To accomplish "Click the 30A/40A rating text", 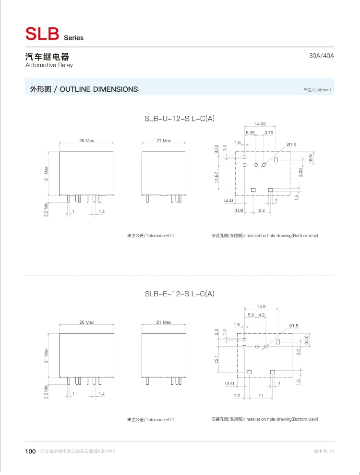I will pyautogui.click(x=322, y=56).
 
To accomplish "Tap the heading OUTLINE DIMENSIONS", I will pyautogui.click(x=99, y=89).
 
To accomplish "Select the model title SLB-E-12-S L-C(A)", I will pyautogui.click(x=180, y=294).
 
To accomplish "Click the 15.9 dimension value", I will pyautogui.click(x=261, y=306).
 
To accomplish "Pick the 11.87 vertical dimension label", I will pyautogui.click(x=217, y=177).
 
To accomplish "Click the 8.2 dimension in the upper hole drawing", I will pyautogui.click(x=261, y=210).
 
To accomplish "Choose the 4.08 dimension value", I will pyautogui.click(x=239, y=210).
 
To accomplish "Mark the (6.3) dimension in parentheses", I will pyautogui.click(x=307, y=340).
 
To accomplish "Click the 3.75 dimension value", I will pyautogui.click(x=269, y=133).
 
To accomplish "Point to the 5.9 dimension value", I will pyautogui.click(x=251, y=315).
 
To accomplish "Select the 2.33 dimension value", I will pyautogui.click(x=300, y=172).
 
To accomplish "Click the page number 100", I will pyautogui.click(x=30, y=451).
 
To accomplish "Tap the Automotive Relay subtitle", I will pyautogui.click(x=49, y=65).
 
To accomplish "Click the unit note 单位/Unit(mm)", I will pyautogui.click(x=317, y=90).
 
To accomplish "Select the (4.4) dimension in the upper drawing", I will pyautogui.click(x=228, y=200).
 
